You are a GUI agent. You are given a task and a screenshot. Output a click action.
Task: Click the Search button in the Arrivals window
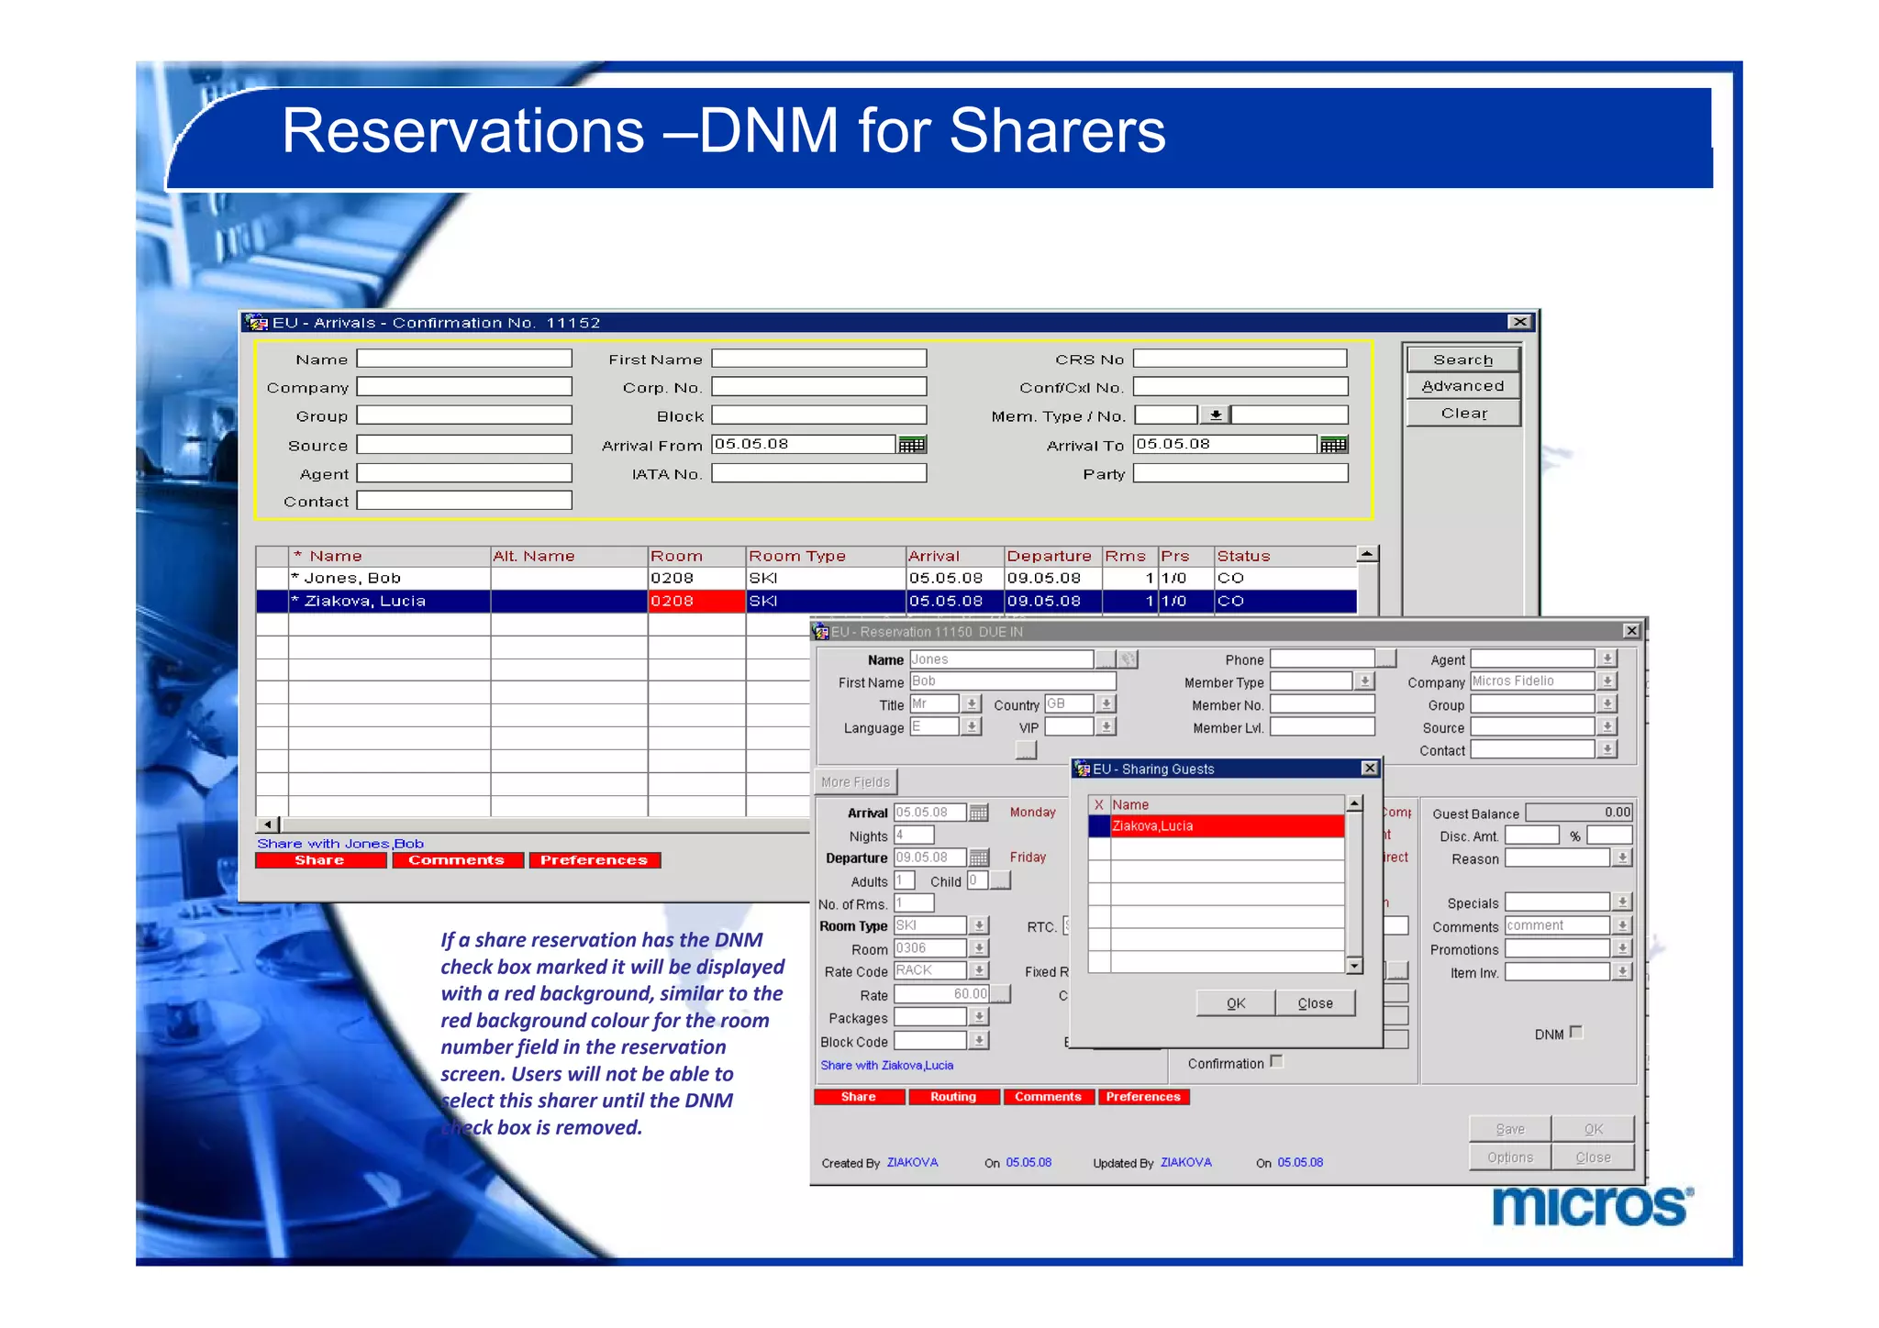point(1462,360)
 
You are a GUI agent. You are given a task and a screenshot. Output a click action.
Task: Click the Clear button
point(1462,414)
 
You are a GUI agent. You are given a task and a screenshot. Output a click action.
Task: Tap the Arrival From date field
point(803,444)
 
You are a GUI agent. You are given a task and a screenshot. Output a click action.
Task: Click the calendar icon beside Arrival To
point(1333,445)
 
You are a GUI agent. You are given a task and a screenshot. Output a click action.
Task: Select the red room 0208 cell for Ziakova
point(695,602)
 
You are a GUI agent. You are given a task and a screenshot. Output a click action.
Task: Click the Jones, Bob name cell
point(389,579)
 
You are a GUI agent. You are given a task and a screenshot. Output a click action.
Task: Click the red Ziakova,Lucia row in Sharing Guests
point(1226,826)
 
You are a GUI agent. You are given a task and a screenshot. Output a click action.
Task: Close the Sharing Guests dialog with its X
point(1369,769)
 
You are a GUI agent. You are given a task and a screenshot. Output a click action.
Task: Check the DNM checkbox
point(1576,1033)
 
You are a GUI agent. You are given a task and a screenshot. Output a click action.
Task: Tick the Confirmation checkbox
point(1276,1062)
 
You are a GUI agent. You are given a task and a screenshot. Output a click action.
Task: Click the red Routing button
point(953,1097)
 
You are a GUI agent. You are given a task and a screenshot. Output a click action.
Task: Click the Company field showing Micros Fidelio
point(1531,681)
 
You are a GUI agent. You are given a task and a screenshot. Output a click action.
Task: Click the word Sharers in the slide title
point(1057,131)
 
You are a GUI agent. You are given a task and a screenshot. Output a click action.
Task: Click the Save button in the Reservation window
point(1509,1129)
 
